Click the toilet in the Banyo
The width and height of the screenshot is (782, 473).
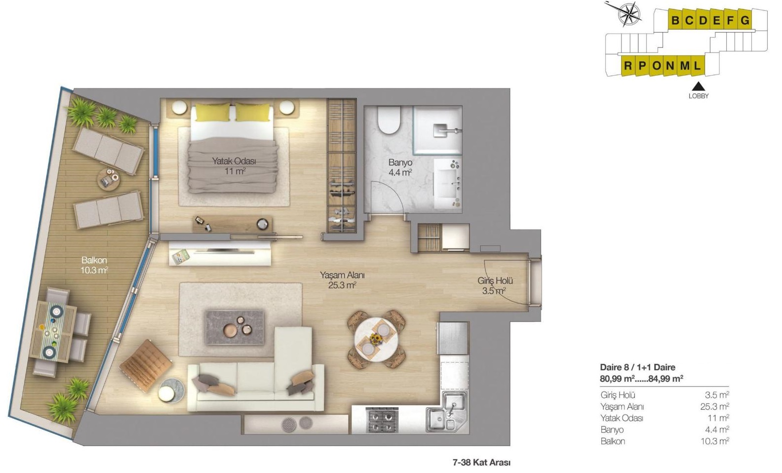pyautogui.click(x=389, y=120)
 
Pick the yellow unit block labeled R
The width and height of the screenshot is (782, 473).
pyautogui.click(x=627, y=65)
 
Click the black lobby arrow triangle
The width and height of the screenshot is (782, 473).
pyautogui.click(x=698, y=86)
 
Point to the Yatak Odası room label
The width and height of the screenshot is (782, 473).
pyautogui.click(x=234, y=166)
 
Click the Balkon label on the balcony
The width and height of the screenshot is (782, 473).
pyautogui.click(x=94, y=265)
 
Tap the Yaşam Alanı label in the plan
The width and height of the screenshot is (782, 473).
pyautogui.click(x=342, y=280)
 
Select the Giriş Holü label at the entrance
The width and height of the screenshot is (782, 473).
pyautogui.click(x=495, y=285)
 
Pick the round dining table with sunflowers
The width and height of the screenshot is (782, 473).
pyautogui.click(x=376, y=339)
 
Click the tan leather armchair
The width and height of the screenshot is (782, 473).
pyautogui.click(x=146, y=365)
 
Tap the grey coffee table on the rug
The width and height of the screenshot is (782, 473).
pyautogui.click(x=235, y=327)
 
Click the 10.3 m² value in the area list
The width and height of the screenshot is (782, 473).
pyautogui.click(x=715, y=441)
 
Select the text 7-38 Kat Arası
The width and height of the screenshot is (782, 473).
pyautogui.click(x=481, y=463)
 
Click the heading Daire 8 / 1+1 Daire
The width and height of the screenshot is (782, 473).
pyautogui.click(x=637, y=367)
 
